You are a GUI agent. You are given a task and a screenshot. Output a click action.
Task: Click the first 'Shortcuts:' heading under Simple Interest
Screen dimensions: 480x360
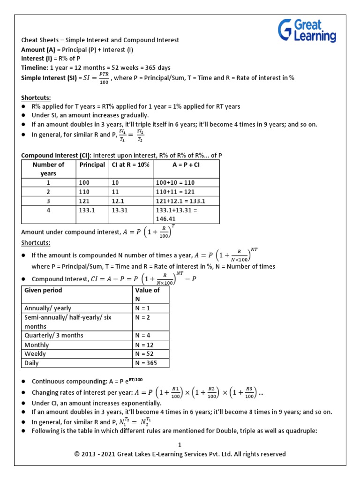coord(36,97)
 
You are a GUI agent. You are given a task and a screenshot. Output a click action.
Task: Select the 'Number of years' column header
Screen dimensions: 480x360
coord(48,169)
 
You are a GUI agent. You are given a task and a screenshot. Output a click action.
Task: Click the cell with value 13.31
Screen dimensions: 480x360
coord(120,210)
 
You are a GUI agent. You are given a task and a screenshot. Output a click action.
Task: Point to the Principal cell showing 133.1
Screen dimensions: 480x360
coord(87,210)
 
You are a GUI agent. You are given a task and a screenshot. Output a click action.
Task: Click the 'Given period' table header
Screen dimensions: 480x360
coord(43,290)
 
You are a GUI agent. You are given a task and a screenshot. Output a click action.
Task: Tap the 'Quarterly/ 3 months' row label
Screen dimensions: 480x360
coord(54,336)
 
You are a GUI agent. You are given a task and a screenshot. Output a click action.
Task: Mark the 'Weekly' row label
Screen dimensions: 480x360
coord(35,354)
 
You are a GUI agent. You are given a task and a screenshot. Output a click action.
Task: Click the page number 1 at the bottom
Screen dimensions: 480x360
coord(180,445)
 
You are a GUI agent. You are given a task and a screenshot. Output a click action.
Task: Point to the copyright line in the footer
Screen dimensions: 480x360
coord(180,454)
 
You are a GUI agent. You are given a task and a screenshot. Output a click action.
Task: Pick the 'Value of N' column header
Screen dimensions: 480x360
coord(147,294)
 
